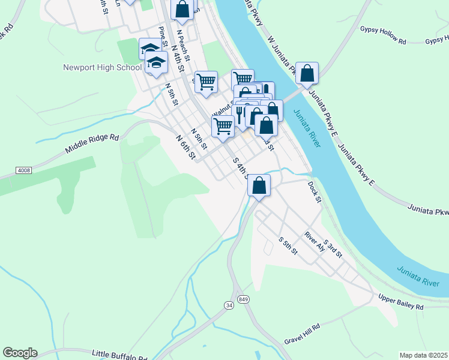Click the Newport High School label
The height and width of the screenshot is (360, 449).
coord(102,67)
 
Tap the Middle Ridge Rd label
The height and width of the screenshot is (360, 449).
coord(92,145)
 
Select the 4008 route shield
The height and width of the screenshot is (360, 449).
coord(23,170)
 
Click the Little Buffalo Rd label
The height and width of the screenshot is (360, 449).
coord(119,355)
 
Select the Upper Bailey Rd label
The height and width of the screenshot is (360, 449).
coord(400,302)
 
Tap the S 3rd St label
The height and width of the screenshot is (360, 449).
coord(333,248)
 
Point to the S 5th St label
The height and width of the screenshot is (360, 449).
coord(288,245)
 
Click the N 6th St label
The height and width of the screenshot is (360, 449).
coord(186,147)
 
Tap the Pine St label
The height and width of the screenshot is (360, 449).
coord(161,37)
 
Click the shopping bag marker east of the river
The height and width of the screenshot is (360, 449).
coord(307,73)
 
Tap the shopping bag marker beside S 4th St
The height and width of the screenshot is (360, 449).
coord(259,185)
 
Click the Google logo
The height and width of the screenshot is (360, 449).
coord(20,353)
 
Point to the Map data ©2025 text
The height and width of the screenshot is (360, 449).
coord(423,355)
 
